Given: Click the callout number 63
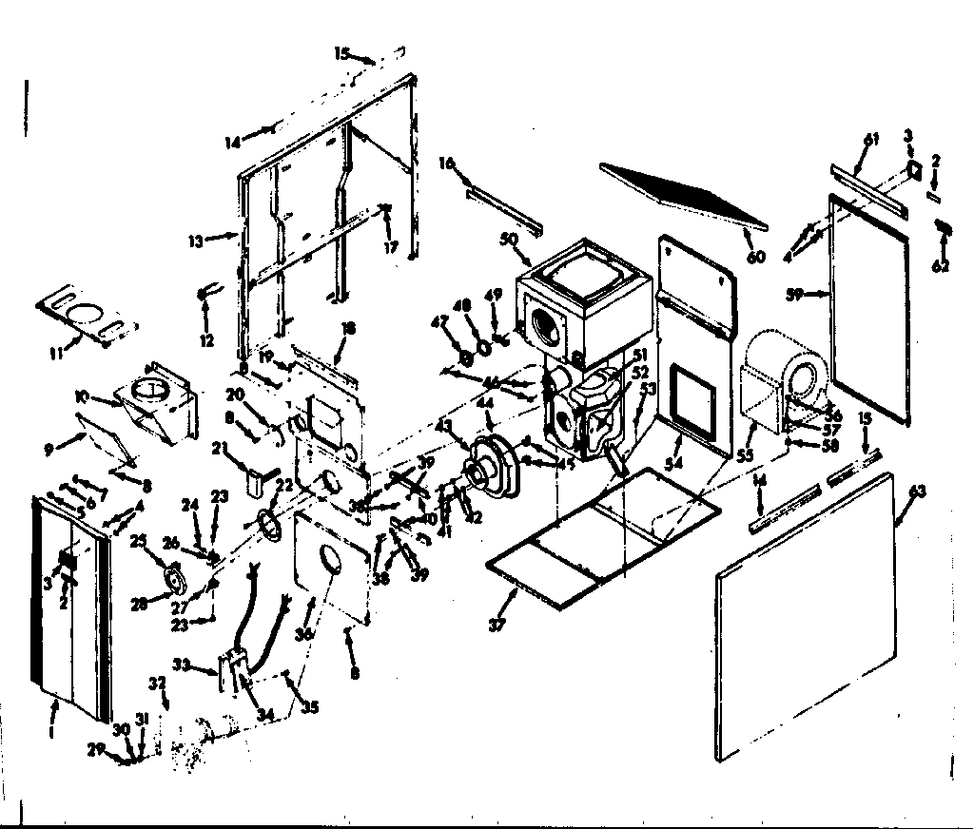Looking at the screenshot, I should (x=918, y=492).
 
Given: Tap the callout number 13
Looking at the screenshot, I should (x=195, y=241).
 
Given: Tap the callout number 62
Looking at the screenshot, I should (x=941, y=266).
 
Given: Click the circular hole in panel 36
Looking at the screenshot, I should (x=327, y=561).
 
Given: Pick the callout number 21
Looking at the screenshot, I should (x=220, y=450).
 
